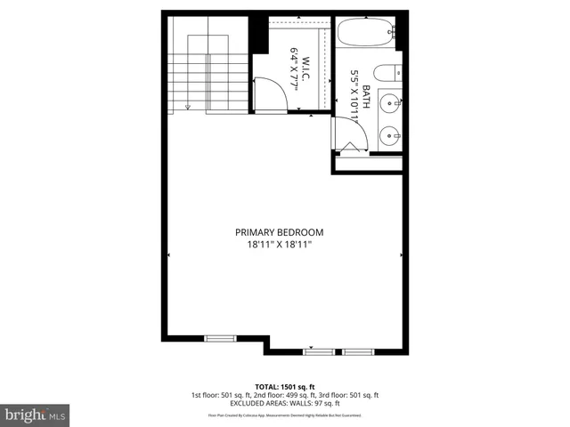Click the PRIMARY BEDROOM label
[285, 232]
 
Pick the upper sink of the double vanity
[390, 103]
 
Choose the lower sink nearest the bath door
[389, 136]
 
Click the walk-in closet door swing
[267, 92]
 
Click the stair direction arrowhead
[188, 107]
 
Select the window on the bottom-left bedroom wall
[220, 338]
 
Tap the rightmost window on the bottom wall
[359, 352]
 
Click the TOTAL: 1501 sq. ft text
[285, 386]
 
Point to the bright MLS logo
[36, 414]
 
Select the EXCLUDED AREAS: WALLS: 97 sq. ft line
[285, 403]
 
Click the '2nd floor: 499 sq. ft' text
[285, 395]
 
